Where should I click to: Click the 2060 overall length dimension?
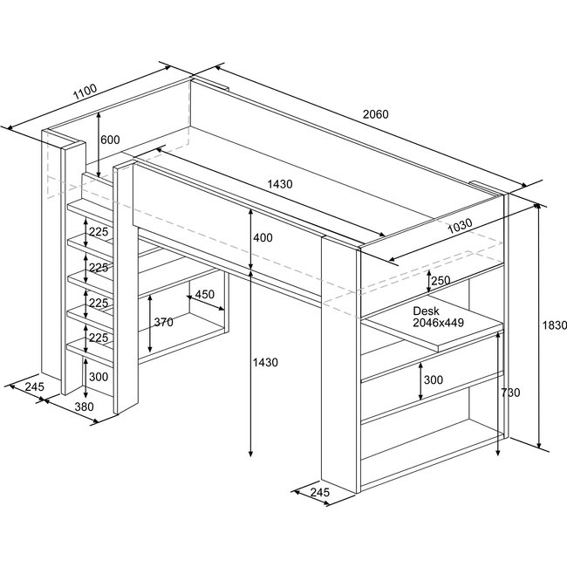pos(375,114)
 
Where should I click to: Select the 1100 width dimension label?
pos(85,93)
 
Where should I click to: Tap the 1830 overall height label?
pos(555,324)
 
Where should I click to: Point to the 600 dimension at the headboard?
pos(110,140)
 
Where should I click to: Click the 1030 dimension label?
pos(461,224)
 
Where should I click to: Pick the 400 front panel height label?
pos(262,238)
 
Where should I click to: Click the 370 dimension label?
pos(162,322)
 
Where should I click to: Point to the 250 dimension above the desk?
pos(441,280)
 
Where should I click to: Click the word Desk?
pos(426,311)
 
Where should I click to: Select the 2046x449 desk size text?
pos(439,323)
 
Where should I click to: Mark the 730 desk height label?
pos(510,393)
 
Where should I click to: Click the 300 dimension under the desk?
pos(434,380)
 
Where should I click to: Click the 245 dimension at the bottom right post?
pos(320,494)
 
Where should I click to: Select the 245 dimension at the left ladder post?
pos(35,386)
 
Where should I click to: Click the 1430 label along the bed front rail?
pos(280,184)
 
